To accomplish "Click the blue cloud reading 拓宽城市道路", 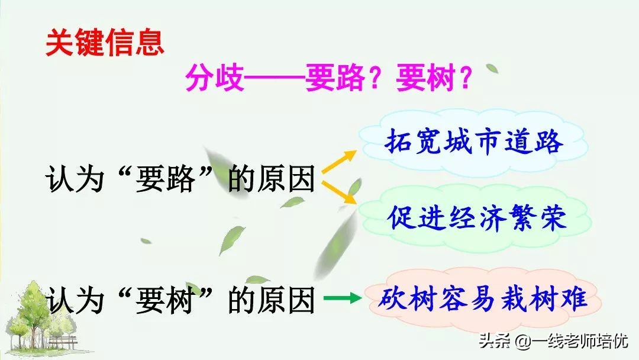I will pyautogui.click(x=473, y=143).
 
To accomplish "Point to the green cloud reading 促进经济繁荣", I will pyautogui.click(x=477, y=217).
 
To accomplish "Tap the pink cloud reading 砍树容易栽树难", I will pyautogui.click(x=482, y=299).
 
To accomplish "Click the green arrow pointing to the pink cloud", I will pyautogui.click(x=343, y=298).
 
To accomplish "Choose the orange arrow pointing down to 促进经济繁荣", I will pyautogui.click(x=340, y=193).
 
